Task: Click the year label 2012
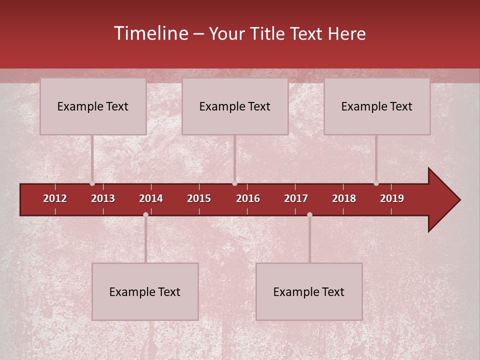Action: [x=55, y=198]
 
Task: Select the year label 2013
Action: [x=103, y=198]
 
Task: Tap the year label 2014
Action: [x=151, y=198]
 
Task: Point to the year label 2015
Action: [x=199, y=198]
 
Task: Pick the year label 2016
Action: [x=248, y=198]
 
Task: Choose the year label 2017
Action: [x=296, y=198]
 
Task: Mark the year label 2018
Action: [x=344, y=198]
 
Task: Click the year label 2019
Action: [x=392, y=198]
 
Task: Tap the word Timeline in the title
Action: [x=150, y=33]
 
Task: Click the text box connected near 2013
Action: [x=93, y=106]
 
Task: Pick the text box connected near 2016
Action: [x=235, y=106]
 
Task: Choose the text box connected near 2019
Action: [x=377, y=106]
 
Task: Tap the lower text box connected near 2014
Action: [x=145, y=292]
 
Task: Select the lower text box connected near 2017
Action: [x=309, y=292]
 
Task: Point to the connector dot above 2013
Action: [x=92, y=183]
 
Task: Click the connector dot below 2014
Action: [x=145, y=214]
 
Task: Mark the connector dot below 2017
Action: [x=309, y=214]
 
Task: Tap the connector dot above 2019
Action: [x=376, y=183]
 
